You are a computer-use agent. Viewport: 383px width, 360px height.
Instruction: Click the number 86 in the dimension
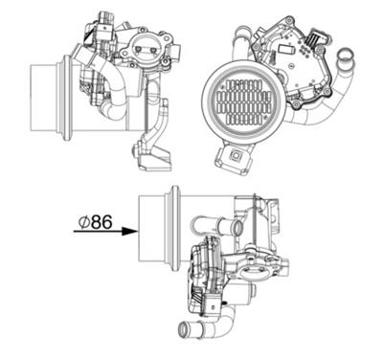point(101,222)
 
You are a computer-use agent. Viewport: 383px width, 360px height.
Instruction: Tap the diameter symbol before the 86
point(84,222)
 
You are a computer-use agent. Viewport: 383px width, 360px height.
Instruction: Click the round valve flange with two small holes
point(148,46)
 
